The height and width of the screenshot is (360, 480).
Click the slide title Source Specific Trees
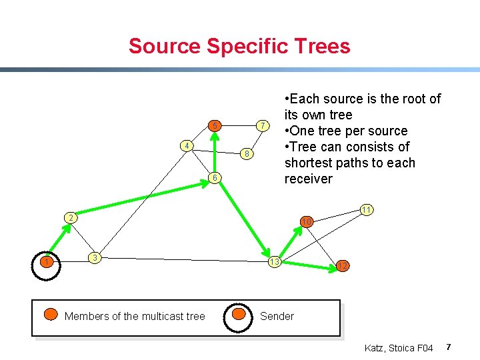point(239,46)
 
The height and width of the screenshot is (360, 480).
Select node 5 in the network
point(215,125)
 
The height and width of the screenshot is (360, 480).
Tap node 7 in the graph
point(263,126)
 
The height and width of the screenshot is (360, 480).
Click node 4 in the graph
point(189,146)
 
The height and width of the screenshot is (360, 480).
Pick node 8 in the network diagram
point(246,154)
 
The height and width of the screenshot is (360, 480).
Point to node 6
point(213,177)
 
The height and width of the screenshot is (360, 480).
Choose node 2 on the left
point(70,218)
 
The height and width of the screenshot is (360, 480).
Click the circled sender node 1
point(46,261)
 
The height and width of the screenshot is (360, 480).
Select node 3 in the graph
point(95,257)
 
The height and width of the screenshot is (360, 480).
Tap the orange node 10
point(306,221)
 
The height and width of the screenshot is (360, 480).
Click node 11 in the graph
point(366,209)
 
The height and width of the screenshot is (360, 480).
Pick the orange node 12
point(342,266)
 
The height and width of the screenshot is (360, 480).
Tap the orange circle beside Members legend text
point(51,315)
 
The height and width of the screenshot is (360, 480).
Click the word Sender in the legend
point(277,316)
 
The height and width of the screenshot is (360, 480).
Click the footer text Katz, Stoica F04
point(399,348)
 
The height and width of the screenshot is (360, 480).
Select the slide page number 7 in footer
point(449,347)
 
